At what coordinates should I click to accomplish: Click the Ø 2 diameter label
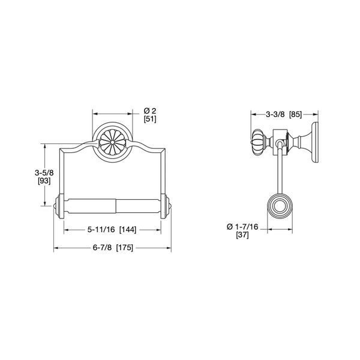coord(150,110)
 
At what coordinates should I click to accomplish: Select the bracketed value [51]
coord(150,119)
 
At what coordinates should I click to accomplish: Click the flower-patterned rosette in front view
coord(112,143)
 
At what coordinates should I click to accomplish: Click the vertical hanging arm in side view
coord(278,174)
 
